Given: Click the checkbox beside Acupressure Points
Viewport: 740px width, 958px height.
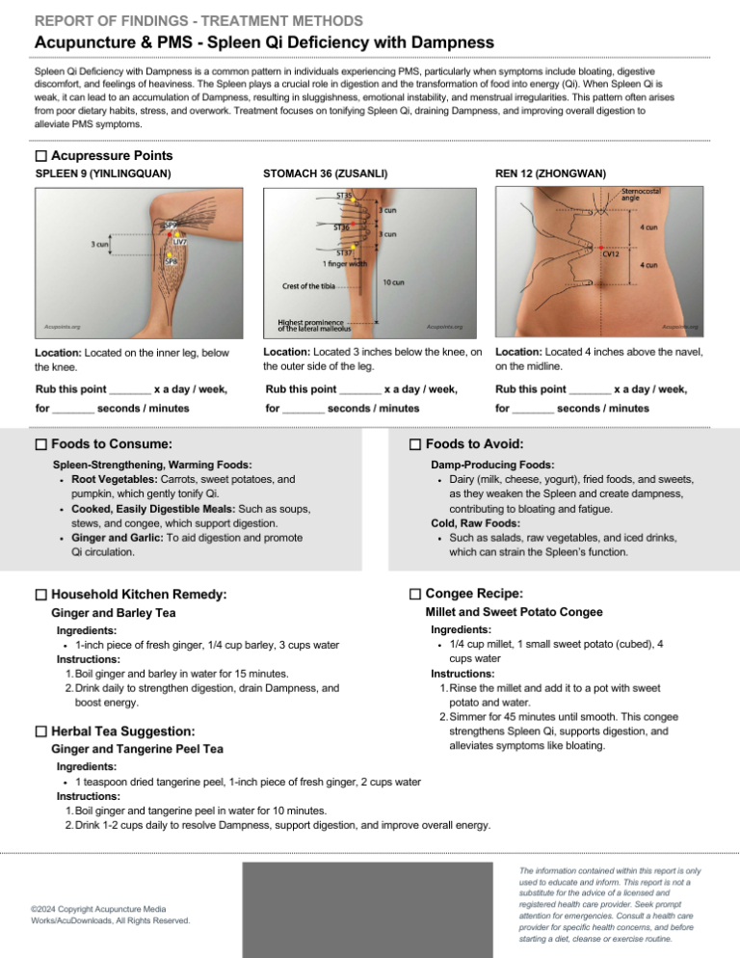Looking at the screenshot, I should [40, 156].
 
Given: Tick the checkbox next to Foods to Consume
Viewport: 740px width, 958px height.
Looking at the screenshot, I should [40, 444].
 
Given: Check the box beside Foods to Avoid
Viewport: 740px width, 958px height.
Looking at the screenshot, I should [415, 444].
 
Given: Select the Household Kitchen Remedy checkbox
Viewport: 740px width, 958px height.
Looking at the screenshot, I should [40, 596].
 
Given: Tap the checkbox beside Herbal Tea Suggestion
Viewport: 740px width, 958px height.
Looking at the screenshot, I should [40, 732].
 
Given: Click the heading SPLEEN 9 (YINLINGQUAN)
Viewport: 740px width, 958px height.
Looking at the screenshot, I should [103, 173].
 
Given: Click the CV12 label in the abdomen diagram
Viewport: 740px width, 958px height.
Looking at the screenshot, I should [611, 254].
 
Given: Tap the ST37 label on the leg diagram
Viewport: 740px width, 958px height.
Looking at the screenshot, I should [344, 253].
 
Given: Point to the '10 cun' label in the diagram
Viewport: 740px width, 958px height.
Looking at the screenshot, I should [393, 282].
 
